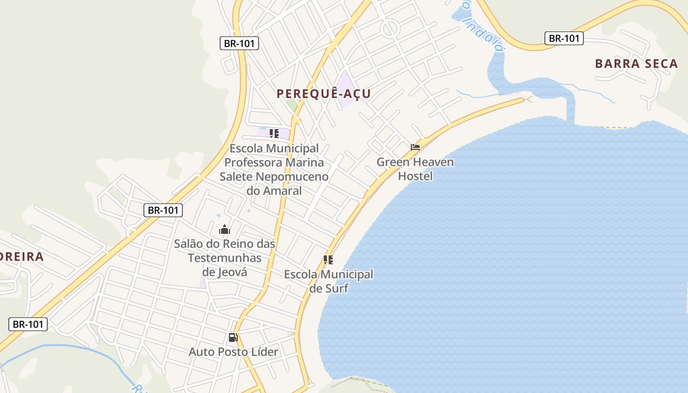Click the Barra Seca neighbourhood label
click(x=636, y=64)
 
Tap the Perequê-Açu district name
click(x=323, y=94)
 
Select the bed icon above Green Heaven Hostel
click(x=415, y=147)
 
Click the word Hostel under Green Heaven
click(x=415, y=176)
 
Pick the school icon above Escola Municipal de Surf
click(x=328, y=260)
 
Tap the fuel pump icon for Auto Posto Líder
click(x=233, y=337)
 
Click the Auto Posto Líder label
click(x=233, y=352)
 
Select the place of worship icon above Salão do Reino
click(x=225, y=229)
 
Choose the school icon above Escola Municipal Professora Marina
click(x=274, y=133)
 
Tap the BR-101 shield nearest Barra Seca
click(x=564, y=38)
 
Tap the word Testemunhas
click(x=225, y=258)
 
